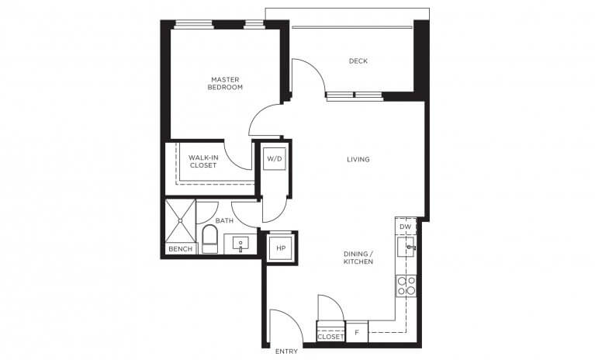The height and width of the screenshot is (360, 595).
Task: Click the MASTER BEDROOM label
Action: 225,83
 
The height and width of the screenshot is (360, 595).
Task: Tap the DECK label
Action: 358,61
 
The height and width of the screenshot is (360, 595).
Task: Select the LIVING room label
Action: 358,160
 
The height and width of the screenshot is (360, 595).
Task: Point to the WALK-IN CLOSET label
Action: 202,161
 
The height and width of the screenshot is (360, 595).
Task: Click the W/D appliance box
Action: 275,159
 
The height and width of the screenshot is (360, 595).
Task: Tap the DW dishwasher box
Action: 406,227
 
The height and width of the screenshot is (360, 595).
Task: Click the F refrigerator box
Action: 357,331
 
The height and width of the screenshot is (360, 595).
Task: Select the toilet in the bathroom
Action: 209,239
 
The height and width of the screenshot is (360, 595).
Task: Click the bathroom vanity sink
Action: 241,244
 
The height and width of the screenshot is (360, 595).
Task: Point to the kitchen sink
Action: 406,248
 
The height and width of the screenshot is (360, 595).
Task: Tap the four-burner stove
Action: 406,286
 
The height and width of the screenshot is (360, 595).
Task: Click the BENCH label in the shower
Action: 180,249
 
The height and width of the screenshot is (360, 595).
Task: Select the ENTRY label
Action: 286,351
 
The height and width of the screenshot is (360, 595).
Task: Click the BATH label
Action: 225,221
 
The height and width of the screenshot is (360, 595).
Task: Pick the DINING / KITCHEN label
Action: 358,258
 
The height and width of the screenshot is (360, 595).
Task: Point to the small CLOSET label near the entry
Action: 330,337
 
